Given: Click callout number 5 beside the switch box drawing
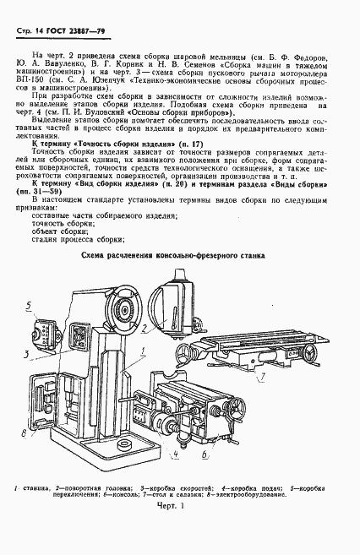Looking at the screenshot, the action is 29,305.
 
